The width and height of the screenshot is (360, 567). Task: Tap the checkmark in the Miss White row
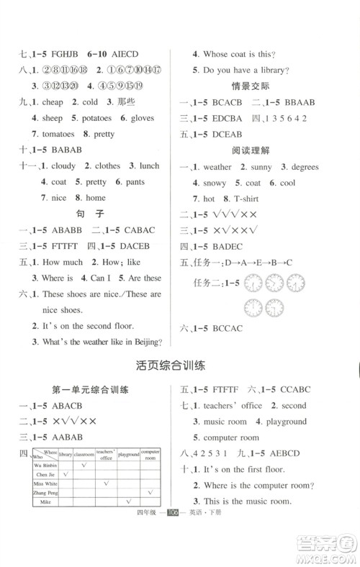106,484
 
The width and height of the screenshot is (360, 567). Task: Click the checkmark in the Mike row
129,502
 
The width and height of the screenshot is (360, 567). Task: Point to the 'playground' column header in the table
129,455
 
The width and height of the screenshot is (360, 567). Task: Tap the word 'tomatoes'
53,134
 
